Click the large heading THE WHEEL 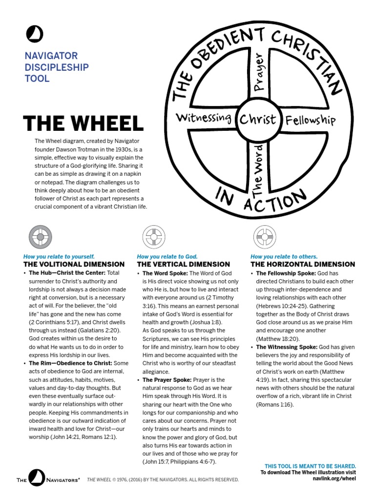83,123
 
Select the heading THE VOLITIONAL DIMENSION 74,264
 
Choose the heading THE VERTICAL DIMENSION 183,264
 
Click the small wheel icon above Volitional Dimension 41,238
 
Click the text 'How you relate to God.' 167,256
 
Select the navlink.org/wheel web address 334,479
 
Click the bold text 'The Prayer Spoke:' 167,379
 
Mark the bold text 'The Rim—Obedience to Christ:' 70,363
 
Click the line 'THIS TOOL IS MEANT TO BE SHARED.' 310,466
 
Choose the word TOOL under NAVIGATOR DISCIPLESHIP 37,78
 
